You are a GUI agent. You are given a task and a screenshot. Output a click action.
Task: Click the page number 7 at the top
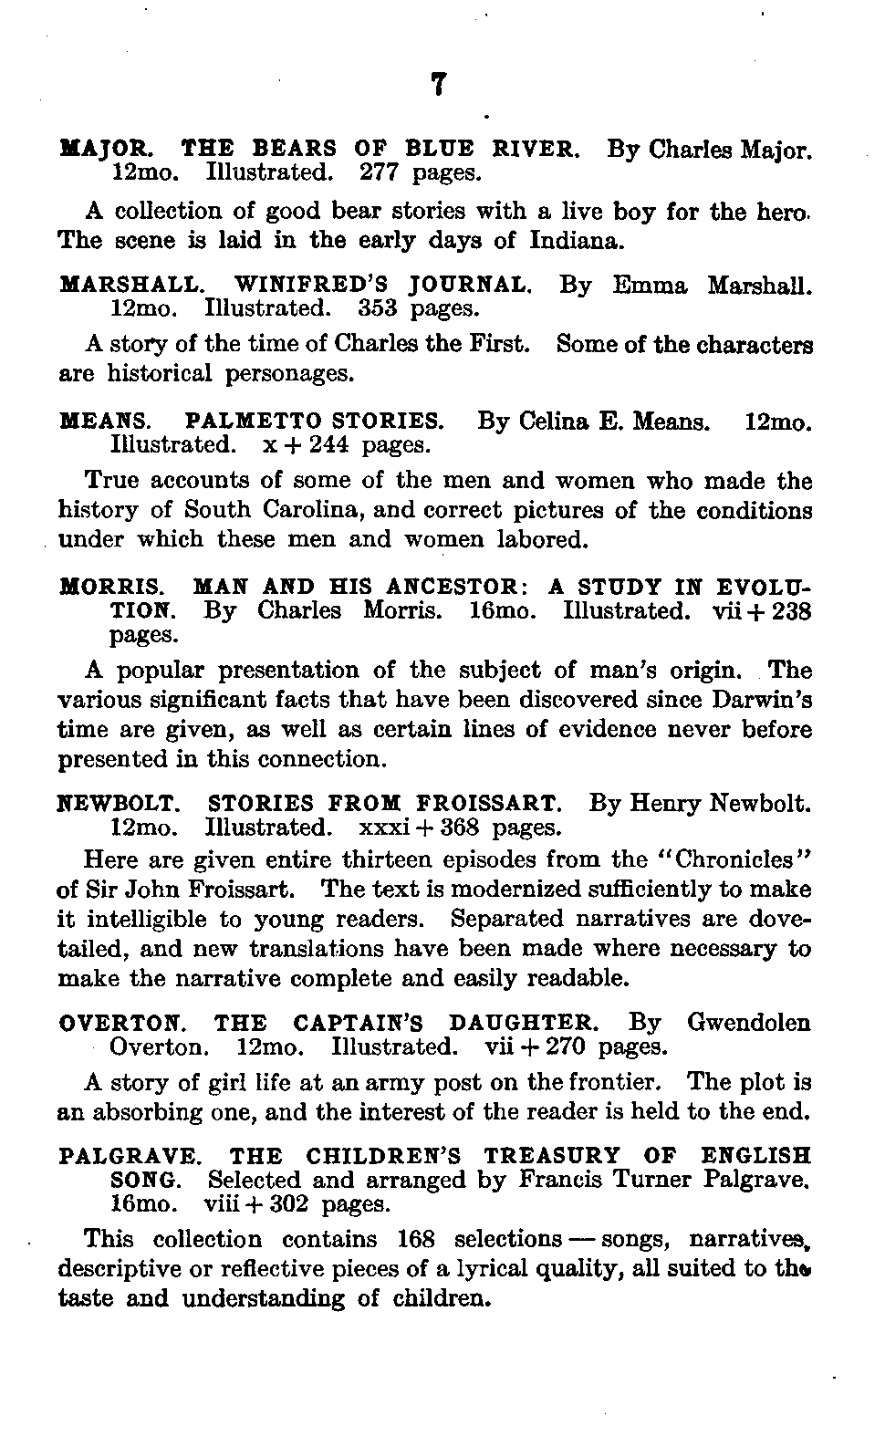[x=438, y=84]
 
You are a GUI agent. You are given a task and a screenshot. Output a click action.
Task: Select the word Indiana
[x=577, y=241]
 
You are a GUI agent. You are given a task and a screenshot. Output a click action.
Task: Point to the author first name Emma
[x=650, y=285]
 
